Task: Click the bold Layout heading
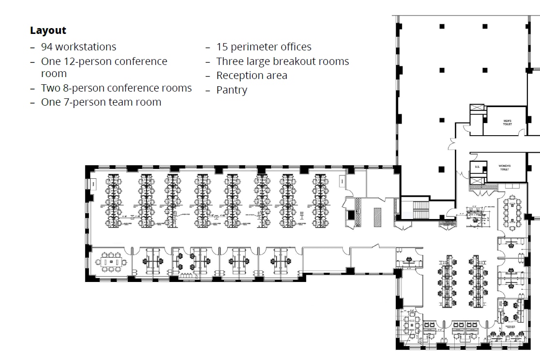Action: (x=48, y=31)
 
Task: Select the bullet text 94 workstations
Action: (x=78, y=47)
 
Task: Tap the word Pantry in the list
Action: (x=231, y=90)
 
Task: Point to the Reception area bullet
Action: (x=251, y=76)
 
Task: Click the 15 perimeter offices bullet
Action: (x=263, y=47)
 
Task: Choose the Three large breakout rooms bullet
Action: (x=282, y=62)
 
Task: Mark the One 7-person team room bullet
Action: (x=101, y=102)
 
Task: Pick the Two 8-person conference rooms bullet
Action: (x=116, y=88)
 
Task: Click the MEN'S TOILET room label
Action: (x=507, y=123)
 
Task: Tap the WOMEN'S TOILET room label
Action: (x=504, y=168)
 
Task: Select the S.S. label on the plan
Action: (x=477, y=167)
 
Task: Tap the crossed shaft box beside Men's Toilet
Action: (x=477, y=108)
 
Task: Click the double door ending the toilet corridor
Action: (x=452, y=144)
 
